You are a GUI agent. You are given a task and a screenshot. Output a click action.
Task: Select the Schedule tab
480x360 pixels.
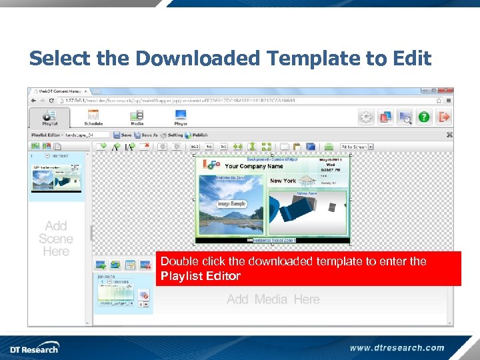tap(93, 117)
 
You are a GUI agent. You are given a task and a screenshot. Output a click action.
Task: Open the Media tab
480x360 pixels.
tap(137, 117)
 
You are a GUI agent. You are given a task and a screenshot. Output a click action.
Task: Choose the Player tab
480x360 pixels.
tap(181, 117)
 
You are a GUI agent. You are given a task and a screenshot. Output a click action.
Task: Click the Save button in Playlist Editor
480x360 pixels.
tap(121, 135)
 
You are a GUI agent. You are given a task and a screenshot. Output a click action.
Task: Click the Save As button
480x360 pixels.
tap(145, 135)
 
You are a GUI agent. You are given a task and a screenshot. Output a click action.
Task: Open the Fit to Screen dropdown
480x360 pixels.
tap(356, 147)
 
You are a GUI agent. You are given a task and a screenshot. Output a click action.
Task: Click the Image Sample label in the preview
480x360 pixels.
tap(231, 204)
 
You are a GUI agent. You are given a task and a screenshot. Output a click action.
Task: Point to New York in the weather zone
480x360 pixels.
tap(283, 181)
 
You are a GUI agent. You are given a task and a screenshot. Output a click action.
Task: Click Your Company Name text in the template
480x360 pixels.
tap(253, 167)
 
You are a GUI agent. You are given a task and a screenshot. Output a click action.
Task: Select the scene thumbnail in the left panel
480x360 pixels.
tap(56, 177)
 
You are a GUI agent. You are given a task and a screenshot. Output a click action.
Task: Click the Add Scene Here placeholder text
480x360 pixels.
tap(56, 239)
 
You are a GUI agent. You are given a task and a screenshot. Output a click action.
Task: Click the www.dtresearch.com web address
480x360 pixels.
tap(397, 347)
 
